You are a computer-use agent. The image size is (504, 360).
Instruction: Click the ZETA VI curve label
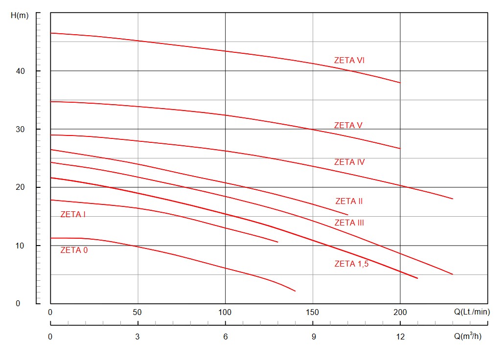pos(349,61)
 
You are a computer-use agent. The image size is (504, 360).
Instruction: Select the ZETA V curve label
pos(348,125)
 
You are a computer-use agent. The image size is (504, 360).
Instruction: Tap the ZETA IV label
pos(349,162)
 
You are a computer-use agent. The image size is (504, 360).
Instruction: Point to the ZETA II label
pos(349,201)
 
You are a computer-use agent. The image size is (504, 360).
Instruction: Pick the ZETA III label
pos(349,223)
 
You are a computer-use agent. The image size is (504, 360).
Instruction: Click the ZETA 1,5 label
pos(351,264)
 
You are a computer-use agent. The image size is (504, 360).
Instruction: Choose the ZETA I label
pos(73,214)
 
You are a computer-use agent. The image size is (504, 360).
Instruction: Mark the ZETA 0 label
pos(74,250)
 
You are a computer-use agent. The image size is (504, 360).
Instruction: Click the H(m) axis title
pos(20,15)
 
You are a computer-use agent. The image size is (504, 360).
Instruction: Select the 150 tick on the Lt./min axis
pos(312,312)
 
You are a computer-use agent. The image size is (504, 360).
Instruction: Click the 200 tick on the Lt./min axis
pos(400,312)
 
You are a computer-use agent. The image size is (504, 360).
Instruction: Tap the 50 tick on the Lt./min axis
pos(137,312)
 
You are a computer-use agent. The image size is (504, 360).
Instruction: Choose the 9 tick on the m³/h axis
pos(314,337)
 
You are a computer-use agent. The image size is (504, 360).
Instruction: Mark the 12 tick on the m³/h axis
pos(400,337)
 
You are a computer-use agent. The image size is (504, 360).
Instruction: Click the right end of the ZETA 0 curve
pos(295,291)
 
